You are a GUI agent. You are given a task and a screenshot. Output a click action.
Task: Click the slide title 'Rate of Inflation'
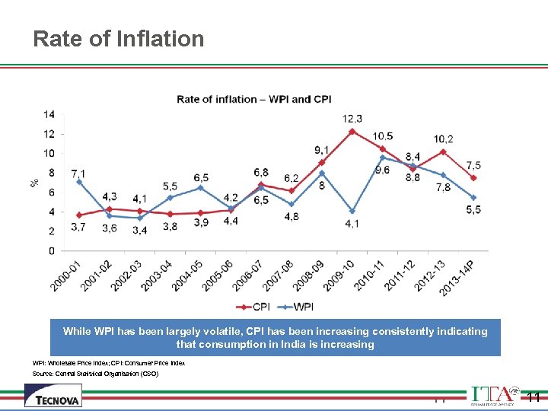pos(119,39)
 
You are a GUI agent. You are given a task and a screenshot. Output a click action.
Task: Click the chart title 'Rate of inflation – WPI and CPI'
pos(254,99)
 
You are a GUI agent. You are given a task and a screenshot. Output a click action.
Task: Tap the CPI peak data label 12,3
pos(352,118)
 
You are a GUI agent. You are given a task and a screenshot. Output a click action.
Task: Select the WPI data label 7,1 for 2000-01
pos(78,174)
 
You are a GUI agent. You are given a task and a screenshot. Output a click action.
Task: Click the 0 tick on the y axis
pos(52,250)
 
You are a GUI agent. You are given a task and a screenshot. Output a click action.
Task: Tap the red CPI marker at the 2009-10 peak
pos(352,131)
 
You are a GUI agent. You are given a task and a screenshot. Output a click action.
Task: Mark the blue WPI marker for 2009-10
pos(352,211)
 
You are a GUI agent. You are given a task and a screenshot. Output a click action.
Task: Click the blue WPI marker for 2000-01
pos(79,182)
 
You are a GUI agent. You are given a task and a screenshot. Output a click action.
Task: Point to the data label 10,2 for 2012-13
pos(444,139)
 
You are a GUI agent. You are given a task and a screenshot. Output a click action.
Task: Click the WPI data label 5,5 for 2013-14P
pos(473,210)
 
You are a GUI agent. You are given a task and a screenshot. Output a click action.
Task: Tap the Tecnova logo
pos(53,395)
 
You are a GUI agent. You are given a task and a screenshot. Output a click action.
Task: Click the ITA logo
pos(495,396)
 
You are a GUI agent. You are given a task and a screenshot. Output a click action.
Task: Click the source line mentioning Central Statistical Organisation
pos(95,374)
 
